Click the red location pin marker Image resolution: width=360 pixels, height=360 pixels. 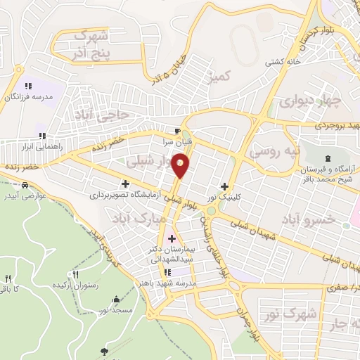(x=181, y=165)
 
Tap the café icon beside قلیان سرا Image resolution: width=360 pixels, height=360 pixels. (x=178, y=131)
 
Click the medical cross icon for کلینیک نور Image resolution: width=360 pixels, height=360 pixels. (x=224, y=186)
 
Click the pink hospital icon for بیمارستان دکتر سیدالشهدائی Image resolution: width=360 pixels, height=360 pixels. (x=172, y=238)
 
